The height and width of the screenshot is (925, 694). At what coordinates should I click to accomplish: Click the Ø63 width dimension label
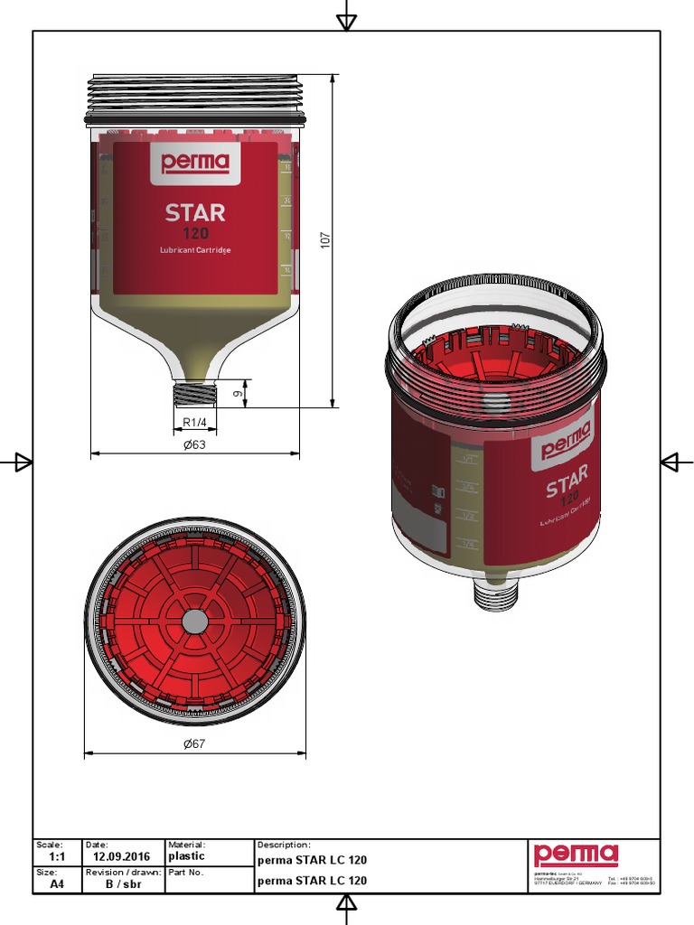pos(194,444)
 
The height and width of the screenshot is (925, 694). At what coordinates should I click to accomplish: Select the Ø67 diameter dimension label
pos(194,744)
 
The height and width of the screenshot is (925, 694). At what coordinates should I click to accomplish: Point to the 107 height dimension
pos(326,240)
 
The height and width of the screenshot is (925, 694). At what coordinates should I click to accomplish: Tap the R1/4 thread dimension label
pos(195,422)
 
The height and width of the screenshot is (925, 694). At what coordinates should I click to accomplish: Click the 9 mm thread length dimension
pos(238,394)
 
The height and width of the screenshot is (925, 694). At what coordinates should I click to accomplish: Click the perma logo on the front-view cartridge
pos(195,164)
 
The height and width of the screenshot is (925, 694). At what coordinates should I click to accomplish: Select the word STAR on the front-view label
pos(195,213)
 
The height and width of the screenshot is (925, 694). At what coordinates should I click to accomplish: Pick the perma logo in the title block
pos(576,855)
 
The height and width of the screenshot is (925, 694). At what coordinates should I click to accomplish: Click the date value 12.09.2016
pos(121,856)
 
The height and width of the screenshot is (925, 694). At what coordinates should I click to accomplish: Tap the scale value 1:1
pos(57,856)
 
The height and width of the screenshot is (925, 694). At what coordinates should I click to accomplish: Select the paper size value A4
pos(57,884)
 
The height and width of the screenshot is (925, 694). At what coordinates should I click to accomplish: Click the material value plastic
pos(187,855)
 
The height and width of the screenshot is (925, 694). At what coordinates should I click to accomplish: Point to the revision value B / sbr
pos(121,884)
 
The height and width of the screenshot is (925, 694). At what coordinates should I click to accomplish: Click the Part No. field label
pos(186,873)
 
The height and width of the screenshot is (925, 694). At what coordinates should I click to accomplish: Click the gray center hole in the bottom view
pos(194,621)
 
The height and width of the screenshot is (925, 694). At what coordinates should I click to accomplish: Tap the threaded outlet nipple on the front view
pos(195,394)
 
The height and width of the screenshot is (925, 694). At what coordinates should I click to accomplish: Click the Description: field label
pos(284,845)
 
